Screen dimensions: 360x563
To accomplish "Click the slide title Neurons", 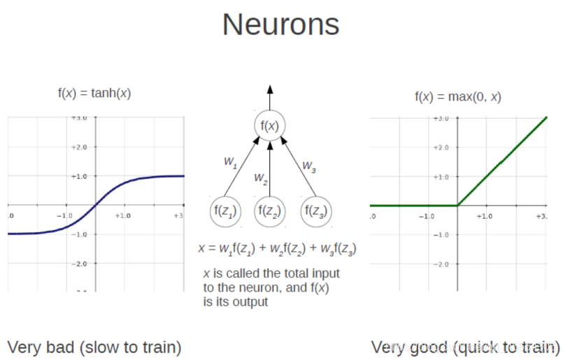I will coord(280,26).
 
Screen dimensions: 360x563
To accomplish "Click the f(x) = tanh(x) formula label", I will coord(94,93).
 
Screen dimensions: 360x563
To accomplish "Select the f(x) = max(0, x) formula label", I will coord(458,96).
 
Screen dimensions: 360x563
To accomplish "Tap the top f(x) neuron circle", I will coord(270,127).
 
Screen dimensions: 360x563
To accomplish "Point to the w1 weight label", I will coord(230,161).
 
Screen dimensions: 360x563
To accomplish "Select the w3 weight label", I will coord(308,166).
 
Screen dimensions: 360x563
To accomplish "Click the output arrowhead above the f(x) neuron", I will coord(270,90).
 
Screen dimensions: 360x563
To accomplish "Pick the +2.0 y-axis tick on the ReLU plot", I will coord(441,147).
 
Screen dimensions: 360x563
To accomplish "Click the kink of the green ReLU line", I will coord(457,206).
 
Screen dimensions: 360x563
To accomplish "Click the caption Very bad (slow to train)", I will coord(94,346).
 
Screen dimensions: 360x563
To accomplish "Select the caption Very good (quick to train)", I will coord(465,346).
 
